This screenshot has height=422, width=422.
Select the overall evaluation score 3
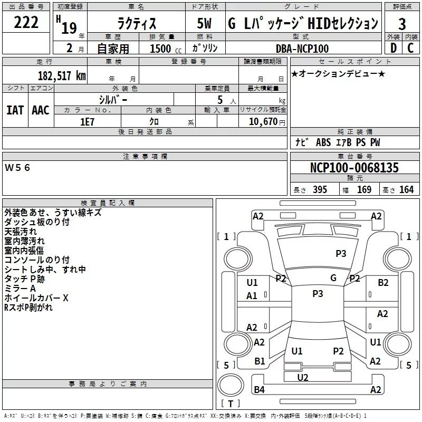(x=402, y=24)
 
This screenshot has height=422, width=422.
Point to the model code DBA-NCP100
(x=302, y=49)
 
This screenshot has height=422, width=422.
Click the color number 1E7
(x=87, y=121)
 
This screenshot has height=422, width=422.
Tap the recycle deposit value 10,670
(x=262, y=121)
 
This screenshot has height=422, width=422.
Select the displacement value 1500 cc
(x=161, y=49)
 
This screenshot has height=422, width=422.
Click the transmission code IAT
(x=15, y=110)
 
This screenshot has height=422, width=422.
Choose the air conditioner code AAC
(x=41, y=110)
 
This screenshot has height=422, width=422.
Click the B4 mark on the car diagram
(x=259, y=390)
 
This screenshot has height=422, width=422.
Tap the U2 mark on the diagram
(x=303, y=377)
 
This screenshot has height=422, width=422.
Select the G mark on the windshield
(x=333, y=278)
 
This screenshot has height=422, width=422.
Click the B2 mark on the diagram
(x=383, y=283)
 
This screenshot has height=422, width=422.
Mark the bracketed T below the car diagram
(x=230, y=404)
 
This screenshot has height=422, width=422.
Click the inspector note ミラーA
(x=20, y=289)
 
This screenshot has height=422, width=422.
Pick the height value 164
(x=406, y=190)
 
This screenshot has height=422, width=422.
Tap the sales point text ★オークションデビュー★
(x=338, y=73)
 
